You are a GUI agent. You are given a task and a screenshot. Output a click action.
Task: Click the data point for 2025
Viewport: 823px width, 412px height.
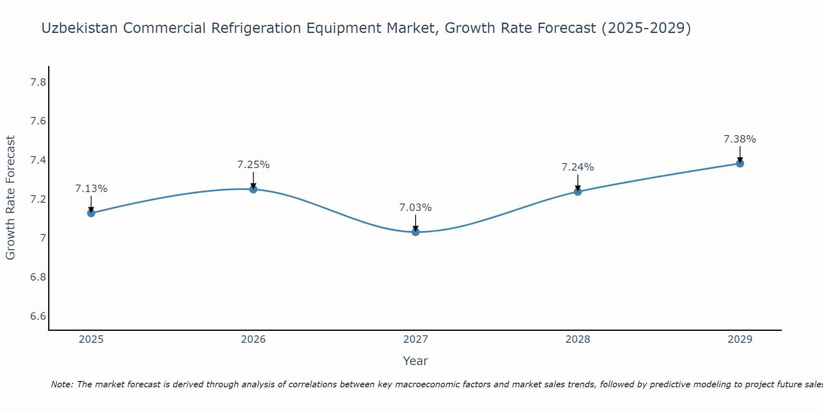91,213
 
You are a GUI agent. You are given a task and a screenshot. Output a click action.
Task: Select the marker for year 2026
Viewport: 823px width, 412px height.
253,190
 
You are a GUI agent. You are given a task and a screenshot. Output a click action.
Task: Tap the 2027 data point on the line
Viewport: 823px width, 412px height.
416,232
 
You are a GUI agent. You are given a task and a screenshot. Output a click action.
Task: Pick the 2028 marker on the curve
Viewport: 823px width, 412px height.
578,192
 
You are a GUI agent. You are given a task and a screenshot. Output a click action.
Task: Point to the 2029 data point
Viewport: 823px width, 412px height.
740,164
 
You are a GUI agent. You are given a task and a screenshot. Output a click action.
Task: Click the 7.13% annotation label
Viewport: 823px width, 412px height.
91,189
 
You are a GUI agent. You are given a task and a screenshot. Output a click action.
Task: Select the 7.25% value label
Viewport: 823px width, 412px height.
253,165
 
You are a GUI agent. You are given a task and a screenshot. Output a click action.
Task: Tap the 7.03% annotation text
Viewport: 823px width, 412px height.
416,208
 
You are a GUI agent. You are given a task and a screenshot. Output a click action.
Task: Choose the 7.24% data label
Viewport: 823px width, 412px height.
578,167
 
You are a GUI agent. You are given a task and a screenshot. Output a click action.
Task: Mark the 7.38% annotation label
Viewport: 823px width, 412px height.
740,139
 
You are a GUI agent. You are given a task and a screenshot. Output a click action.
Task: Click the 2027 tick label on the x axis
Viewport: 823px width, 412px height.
416,339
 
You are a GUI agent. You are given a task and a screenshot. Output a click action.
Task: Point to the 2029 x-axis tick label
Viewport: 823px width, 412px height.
740,339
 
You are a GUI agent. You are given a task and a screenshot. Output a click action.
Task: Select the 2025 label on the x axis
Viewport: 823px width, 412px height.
91,339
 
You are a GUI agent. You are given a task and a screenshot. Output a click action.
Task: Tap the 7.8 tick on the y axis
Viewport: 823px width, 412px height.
38,82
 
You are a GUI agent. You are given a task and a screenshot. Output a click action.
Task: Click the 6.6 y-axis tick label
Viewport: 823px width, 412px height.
38,316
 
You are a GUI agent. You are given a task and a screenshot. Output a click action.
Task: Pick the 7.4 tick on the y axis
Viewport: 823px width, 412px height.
38,160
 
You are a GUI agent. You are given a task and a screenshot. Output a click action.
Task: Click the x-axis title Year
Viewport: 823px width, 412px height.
416,361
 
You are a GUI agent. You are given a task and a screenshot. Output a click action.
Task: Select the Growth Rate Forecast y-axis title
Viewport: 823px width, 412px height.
10,198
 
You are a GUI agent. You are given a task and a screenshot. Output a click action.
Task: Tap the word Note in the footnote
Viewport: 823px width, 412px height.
62,384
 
